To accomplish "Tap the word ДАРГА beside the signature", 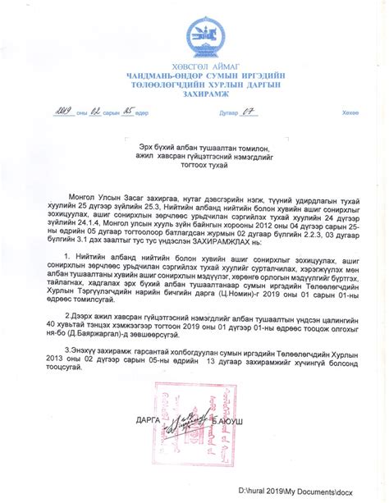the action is pyautogui.click(x=149, y=420).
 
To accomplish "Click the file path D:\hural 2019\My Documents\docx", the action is pyautogui.click(x=296, y=490).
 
